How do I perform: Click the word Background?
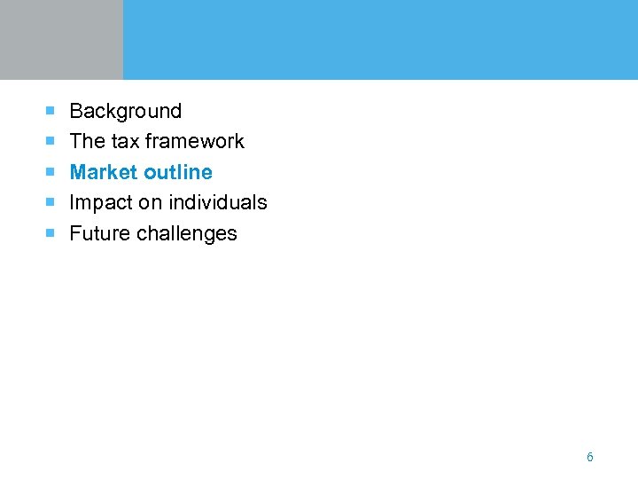tap(125, 111)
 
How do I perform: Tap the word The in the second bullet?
tap(87, 141)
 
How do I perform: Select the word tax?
tap(125, 141)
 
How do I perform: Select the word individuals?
tap(214, 202)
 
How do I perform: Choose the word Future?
tap(97, 233)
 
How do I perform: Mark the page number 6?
tap(590, 457)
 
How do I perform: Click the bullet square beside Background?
tap(51, 111)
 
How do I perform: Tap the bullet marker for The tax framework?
tap(51, 141)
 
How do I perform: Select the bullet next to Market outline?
tap(51, 172)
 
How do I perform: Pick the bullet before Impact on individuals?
tap(51, 202)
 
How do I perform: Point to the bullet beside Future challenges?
tap(51, 233)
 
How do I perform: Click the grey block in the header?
tap(61, 40)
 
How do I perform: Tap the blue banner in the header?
tap(380, 40)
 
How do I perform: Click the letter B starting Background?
tap(75, 111)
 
